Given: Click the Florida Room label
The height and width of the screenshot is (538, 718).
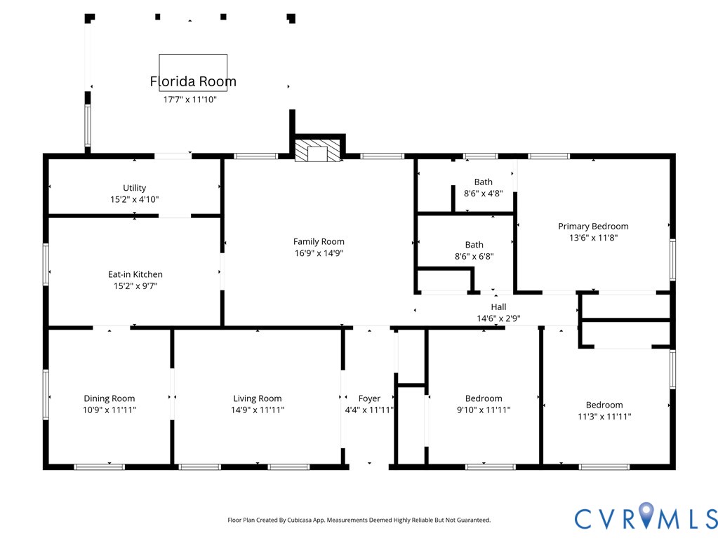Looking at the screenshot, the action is tap(193, 81).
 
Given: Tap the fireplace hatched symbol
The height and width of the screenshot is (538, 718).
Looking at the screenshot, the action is tap(317, 151).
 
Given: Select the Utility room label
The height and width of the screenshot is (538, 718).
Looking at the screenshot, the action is tap(134, 187).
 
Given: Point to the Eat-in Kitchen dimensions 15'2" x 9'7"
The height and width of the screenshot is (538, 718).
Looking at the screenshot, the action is tap(135, 286).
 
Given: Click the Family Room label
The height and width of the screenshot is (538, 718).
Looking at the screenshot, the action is tap(319, 241).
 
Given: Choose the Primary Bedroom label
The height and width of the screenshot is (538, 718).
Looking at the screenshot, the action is tap(593, 226).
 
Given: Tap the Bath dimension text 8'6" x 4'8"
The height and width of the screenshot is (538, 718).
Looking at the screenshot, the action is tap(483, 193).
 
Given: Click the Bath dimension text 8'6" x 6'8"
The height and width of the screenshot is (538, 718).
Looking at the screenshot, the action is tap(474, 256).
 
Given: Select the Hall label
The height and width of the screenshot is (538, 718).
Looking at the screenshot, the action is tap(498, 307).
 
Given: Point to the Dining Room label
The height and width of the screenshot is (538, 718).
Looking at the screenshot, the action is tap(109, 398).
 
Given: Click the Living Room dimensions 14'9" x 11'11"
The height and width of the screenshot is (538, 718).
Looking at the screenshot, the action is tap(258, 410).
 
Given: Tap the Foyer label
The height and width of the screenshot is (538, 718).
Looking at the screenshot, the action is tap(369, 398).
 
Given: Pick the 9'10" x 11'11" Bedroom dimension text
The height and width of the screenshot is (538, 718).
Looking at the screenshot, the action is tap(484, 410).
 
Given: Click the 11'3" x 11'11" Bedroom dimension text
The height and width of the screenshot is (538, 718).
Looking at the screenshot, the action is tap(604, 417).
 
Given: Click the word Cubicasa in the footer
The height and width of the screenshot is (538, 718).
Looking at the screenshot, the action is tap(300, 520).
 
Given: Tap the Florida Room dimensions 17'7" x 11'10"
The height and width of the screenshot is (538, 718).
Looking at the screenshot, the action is tap(190, 100).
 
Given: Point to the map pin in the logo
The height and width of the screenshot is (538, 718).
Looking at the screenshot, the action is tap(646, 514).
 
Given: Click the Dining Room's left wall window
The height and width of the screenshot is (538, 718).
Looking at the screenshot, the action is tap(46, 394).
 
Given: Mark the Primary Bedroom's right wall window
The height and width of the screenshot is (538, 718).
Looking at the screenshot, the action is tap(672, 260).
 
